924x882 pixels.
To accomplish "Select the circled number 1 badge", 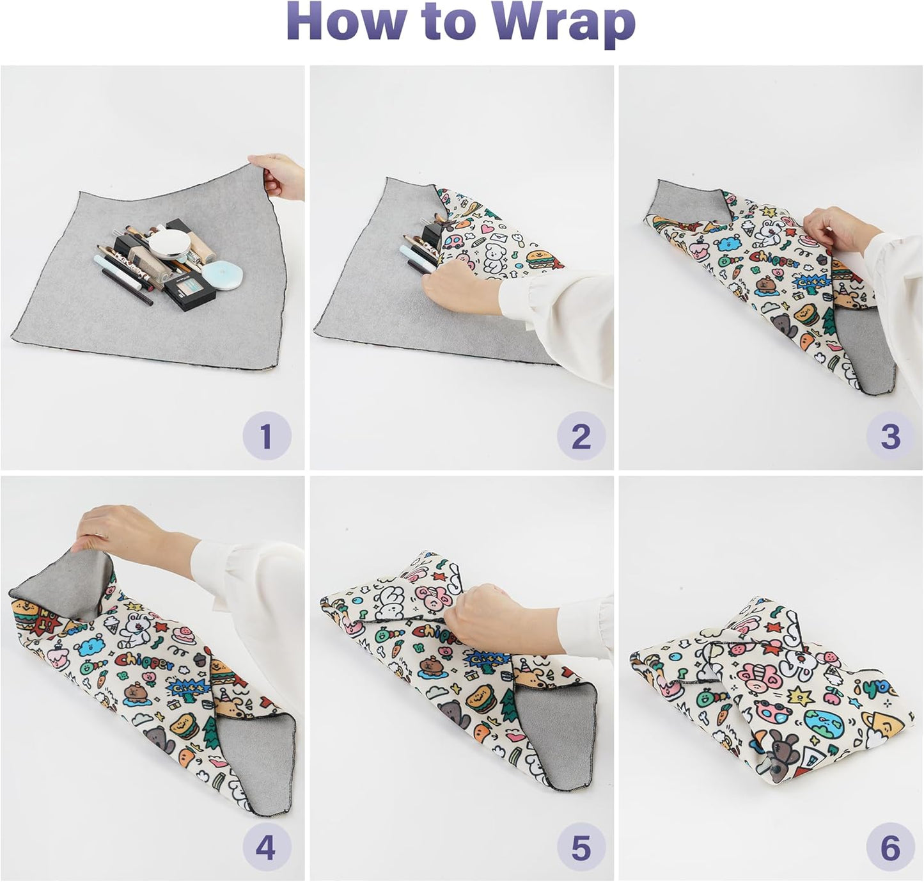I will pyautogui.click(x=267, y=436).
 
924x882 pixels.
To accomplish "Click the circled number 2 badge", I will pyautogui.click(x=581, y=436).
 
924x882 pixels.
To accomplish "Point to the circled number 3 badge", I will pyautogui.click(x=890, y=436).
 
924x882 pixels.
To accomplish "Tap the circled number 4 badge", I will pyautogui.click(x=267, y=848).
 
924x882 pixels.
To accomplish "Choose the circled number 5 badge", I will pyautogui.click(x=581, y=848).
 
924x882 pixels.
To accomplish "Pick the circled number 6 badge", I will pyautogui.click(x=890, y=848).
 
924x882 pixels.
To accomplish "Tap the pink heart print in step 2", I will pyautogui.click(x=489, y=229).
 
